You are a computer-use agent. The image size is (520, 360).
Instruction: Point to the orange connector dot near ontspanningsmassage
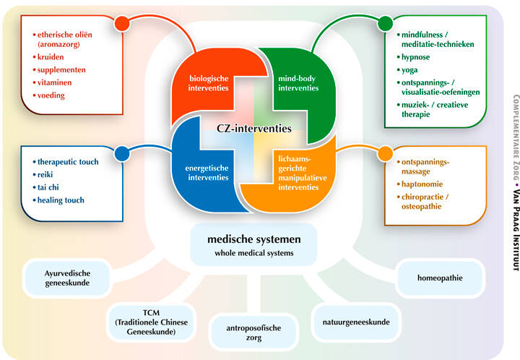[383, 153]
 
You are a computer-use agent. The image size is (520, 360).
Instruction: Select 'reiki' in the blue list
[51, 174]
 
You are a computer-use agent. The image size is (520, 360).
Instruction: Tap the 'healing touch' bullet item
[62, 200]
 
